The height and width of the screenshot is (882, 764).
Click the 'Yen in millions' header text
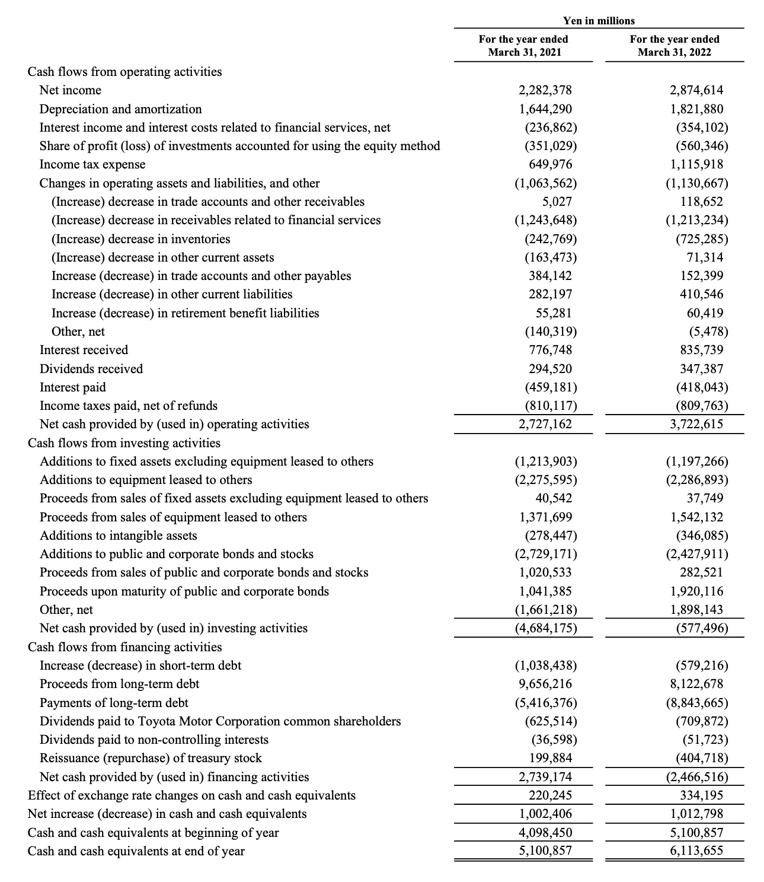click(x=599, y=21)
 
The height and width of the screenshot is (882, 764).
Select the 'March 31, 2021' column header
click(x=524, y=52)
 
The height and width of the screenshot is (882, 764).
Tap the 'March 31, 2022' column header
click(x=675, y=52)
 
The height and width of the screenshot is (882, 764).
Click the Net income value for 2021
click(x=545, y=90)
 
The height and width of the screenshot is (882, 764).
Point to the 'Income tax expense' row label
click(x=92, y=164)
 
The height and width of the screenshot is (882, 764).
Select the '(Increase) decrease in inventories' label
click(x=140, y=239)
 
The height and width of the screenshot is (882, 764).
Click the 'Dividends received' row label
click(x=91, y=369)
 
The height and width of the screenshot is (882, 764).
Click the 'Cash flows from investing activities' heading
click(x=124, y=443)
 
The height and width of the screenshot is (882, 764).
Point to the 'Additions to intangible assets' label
click(x=118, y=536)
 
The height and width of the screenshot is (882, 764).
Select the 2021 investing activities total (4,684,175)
click(x=545, y=628)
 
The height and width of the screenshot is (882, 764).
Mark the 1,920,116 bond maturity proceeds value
click(x=696, y=591)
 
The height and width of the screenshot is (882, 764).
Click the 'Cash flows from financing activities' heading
click(x=125, y=647)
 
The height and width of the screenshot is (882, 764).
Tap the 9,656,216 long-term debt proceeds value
click(x=545, y=684)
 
